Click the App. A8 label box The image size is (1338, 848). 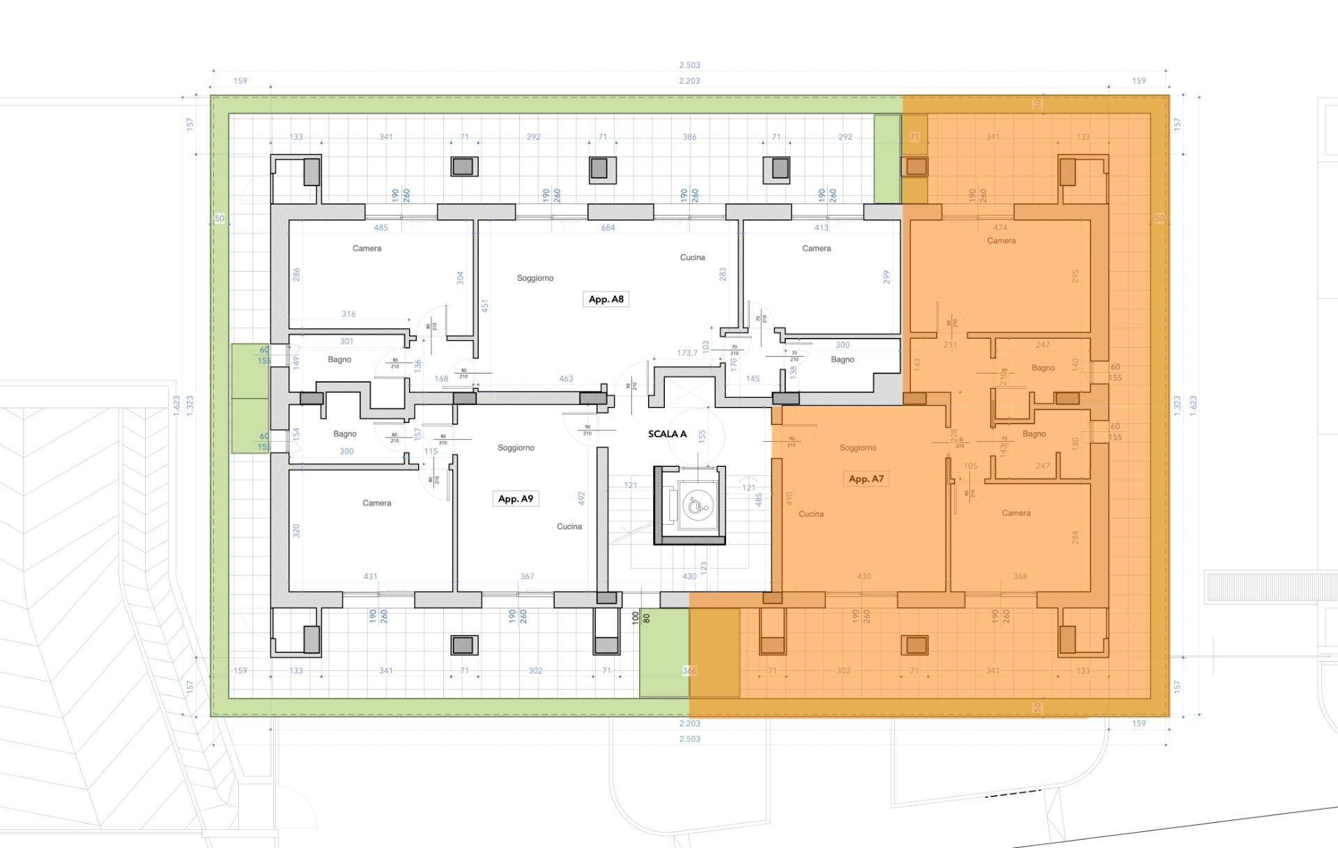pyautogui.click(x=606, y=299)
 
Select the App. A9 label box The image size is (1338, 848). pyautogui.click(x=515, y=498)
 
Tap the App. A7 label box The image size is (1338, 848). pyautogui.click(x=866, y=479)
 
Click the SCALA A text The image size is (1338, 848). pyautogui.click(x=667, y=433)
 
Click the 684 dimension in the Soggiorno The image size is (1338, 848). pyautogui.click(x=608, y=228)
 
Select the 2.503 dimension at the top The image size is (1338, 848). pyautogui.click(x=689, y=65)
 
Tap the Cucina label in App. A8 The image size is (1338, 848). pyautogui.click(x=692, y=257)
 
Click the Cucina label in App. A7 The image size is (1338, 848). pyautogui.click(x=810, y=514)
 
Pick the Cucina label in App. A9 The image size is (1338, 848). pyautogui.click(x=569, y=526)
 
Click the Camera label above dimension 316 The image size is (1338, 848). pyautogui.click(x=367, y=248)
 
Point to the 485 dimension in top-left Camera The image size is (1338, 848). pyautogui.click(x=380, y=228)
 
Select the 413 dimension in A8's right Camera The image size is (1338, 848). pyautogui.click(x=821, y=228)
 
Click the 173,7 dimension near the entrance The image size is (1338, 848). pyautogui.click(x=686, y=353)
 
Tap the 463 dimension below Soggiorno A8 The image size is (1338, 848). pyautogui.click(x=565, y=378)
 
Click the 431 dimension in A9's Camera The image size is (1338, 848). pyautogui.click(x=370, y=576)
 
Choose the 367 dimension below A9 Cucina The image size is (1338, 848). pyautogui.click(x=527, y=576)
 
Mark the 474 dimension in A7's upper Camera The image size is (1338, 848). pyautogui.click(x=1000, y=228)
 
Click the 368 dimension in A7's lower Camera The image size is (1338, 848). pyautogui.click(x=1020, y=576)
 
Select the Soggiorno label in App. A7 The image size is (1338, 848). pyautogui.click(x=857, y=447)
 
